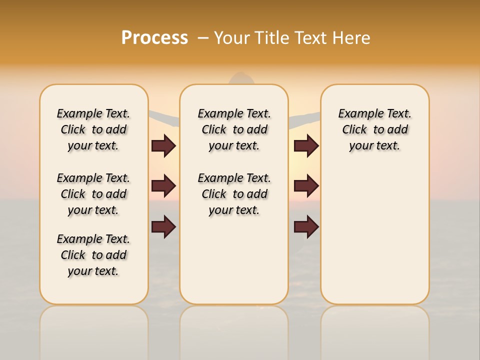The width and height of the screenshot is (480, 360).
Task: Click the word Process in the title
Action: tap(154, 37)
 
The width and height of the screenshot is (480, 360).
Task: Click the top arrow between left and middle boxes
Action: tap(163, 145)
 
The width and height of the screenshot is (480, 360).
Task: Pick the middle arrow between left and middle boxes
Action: tap(163, 186)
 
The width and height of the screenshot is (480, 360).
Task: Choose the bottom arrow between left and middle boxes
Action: tap(163, 227)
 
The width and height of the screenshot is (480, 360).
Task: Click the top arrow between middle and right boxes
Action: tap(306, 145)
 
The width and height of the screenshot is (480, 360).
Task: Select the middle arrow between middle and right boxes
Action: tap(306, 186)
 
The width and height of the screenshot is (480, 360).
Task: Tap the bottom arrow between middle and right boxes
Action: tap(306, 227)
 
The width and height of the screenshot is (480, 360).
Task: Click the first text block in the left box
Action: tap(93, 129)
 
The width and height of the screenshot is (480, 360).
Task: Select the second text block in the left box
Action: tap(93, 194)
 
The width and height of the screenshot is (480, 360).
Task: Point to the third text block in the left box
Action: tap(93, 255)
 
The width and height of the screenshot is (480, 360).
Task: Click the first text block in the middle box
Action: tap(234, 129)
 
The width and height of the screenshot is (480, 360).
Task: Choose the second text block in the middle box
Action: tap(234, 194)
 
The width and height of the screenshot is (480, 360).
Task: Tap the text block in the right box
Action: tap(374, 129)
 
